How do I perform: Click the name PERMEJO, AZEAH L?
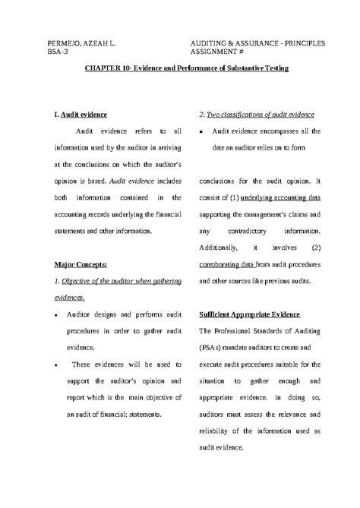81,43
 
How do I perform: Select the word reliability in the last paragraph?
218,431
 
